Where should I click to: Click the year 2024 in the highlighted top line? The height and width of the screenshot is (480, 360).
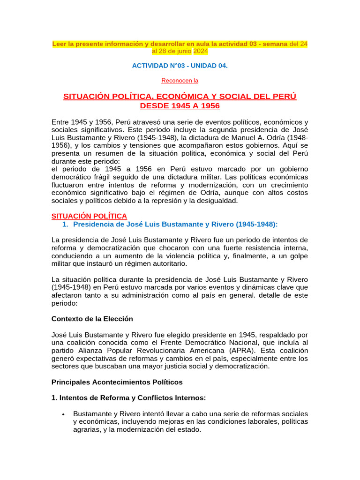coord(201,51)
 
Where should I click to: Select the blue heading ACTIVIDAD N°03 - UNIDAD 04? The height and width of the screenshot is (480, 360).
coord(180,66)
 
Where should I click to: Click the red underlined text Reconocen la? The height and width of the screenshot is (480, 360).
coord(180,80)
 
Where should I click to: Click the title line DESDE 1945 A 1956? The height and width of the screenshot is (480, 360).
coord(180,106)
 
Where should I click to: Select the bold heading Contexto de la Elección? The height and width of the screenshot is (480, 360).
coord(92,319)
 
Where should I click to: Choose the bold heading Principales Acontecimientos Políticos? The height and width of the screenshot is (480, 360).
coord(117,382)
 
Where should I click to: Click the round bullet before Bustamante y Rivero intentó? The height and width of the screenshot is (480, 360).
coord(63,414)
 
